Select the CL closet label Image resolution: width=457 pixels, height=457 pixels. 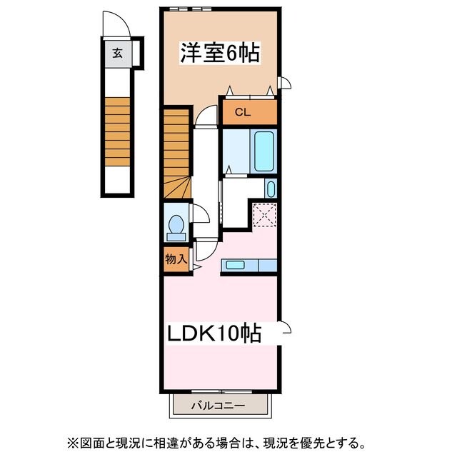click(x=243, y=112)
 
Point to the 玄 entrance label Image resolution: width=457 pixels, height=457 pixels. click(x=116, y=51)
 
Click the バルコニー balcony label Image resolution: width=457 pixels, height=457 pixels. click(x=219, y=406)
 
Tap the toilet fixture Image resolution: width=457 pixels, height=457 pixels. click(x=175, y=224)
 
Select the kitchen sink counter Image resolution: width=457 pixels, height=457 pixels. click(x=246, y=266)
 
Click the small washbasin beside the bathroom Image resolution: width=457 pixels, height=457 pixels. click(x=271, y=189)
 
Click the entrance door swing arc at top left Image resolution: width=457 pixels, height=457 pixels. click(x=116, y=26)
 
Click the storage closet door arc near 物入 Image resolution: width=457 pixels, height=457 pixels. click(x=203, y=248)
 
